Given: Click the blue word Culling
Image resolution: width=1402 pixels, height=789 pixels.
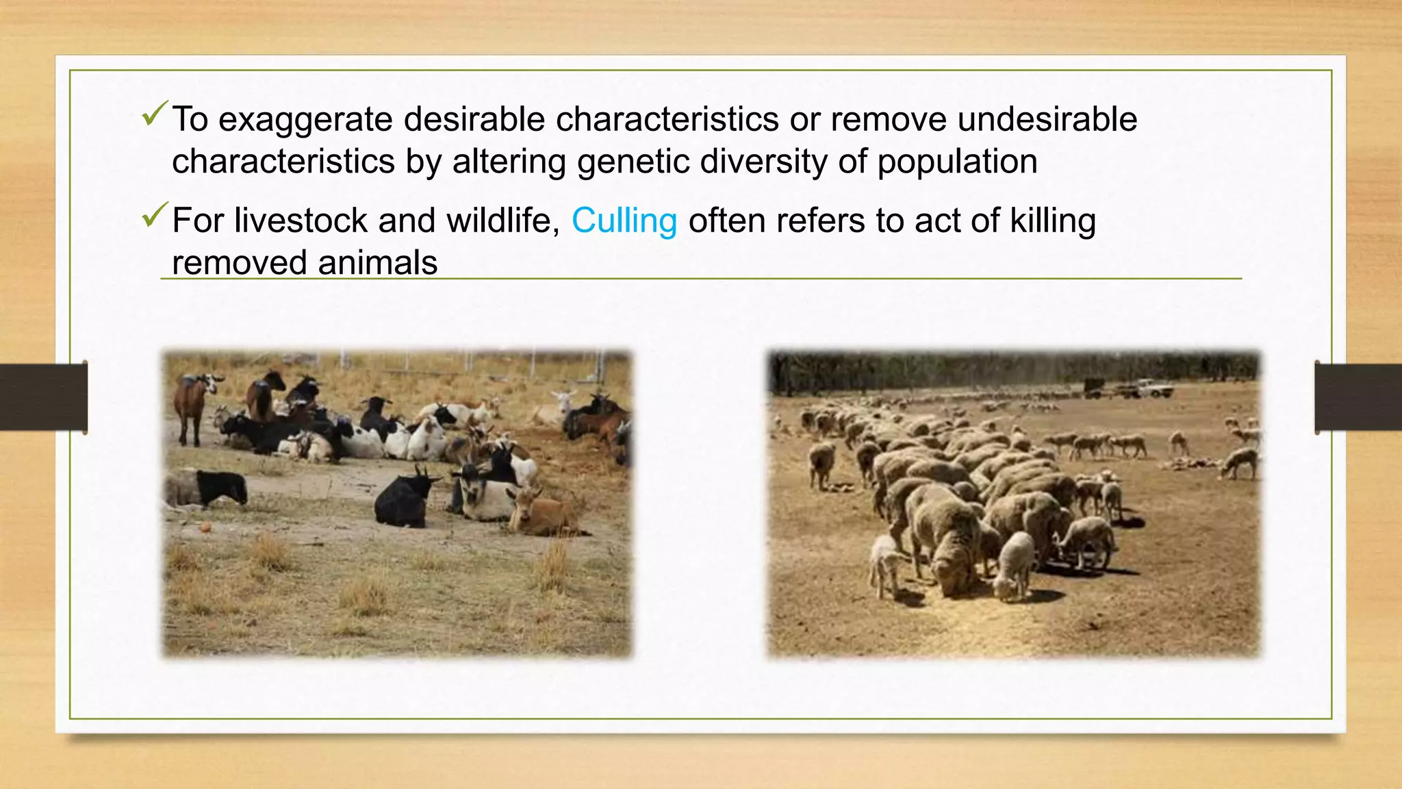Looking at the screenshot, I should pos(624,221).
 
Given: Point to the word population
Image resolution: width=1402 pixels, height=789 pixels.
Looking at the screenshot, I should pos(957,162).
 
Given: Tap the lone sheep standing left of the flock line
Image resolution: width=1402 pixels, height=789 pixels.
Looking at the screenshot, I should pos(821,463).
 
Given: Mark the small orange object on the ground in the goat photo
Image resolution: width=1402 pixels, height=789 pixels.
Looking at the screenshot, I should pos(205,527).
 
